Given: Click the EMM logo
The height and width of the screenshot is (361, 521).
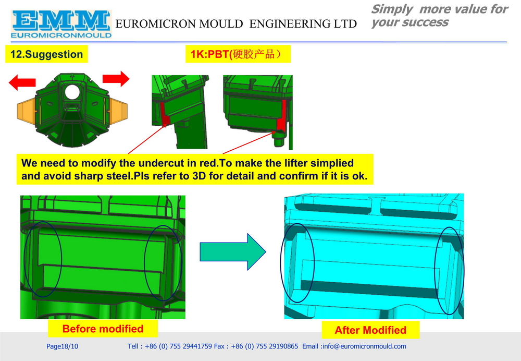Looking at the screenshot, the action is pos(61,25).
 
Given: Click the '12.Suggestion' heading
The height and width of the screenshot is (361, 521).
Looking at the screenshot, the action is pos(46,54).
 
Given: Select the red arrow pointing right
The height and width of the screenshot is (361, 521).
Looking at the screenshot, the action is pos(116,79).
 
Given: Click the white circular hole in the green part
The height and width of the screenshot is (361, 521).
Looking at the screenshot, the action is pos(72,92).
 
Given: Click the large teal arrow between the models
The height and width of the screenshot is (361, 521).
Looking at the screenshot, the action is pos(232,251).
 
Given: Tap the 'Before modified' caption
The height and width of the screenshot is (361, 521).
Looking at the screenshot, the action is pos(103,329).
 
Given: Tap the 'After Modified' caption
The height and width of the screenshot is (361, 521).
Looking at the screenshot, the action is pos(370,330).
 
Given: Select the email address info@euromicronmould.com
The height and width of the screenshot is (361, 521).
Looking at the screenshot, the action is pos(364,346).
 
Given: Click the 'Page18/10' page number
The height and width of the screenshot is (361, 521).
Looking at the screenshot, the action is pos(62,346).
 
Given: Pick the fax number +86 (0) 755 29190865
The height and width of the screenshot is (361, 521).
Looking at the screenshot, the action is pos(265,346).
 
